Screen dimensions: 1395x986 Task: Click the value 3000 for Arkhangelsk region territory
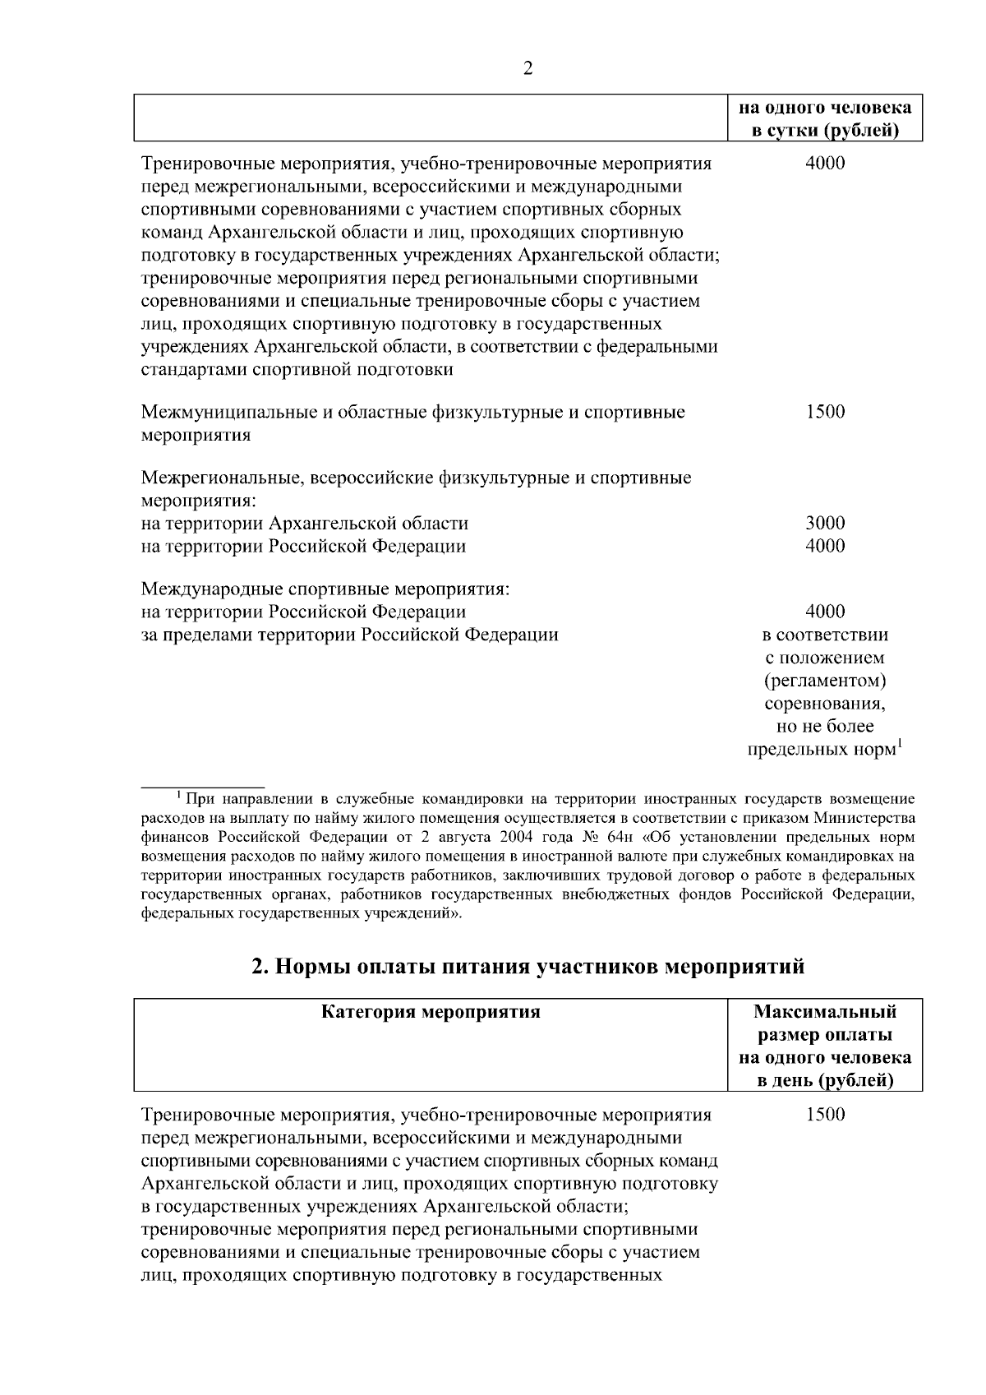(825, 524)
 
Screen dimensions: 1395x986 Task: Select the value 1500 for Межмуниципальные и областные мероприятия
(825, 412)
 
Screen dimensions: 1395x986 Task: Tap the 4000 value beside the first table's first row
(825, 163)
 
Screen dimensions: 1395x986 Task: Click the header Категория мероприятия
(431, 1012)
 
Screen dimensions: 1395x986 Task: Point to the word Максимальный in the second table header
(825, 1012)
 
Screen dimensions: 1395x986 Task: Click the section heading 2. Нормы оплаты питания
(528, 967)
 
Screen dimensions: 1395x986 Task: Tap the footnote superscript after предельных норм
(899, 745)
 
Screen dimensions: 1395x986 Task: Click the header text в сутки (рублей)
(825, 131)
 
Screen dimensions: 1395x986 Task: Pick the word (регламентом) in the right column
(825, 681)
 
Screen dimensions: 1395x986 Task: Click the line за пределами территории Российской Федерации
(350, 635)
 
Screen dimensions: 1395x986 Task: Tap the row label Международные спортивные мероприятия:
(326, 589)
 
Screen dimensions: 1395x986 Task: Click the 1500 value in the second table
(825, 1116)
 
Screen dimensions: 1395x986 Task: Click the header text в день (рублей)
(825, 1080)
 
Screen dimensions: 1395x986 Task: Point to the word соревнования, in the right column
(825, 704)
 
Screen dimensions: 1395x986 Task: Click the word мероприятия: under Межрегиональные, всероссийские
(200, 501)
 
